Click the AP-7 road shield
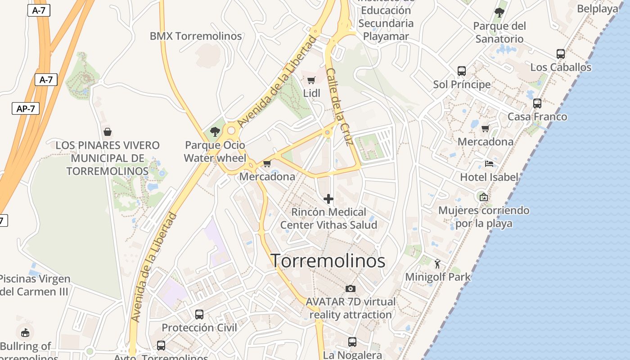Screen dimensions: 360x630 pos(26,108)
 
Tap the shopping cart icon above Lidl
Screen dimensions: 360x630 pos(311,81)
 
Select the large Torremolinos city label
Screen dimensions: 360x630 pos(328,261)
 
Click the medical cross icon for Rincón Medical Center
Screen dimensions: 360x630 pos(328,198)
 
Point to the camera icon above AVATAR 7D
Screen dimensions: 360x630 pos(351,288)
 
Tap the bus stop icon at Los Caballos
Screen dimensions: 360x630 pos(560,54)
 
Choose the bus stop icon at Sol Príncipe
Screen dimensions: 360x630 pos(462,71)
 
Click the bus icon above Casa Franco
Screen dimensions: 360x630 pos(537,103)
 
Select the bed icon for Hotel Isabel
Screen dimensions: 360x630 pos(489,164)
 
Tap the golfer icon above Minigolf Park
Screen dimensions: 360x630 pos(437,264)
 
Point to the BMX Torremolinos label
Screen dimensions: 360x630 pos(196,36)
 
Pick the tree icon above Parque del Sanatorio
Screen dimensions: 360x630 pos(499,13)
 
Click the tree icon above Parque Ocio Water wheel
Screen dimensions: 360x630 pos(215,132)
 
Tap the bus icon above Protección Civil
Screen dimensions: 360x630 pos(199,315)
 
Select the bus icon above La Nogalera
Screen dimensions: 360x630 pos(352,342)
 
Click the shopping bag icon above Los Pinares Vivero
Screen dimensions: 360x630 pos(108,132)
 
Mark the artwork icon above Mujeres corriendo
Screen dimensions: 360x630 pos(484,197)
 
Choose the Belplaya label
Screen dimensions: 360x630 pos(597,9)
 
